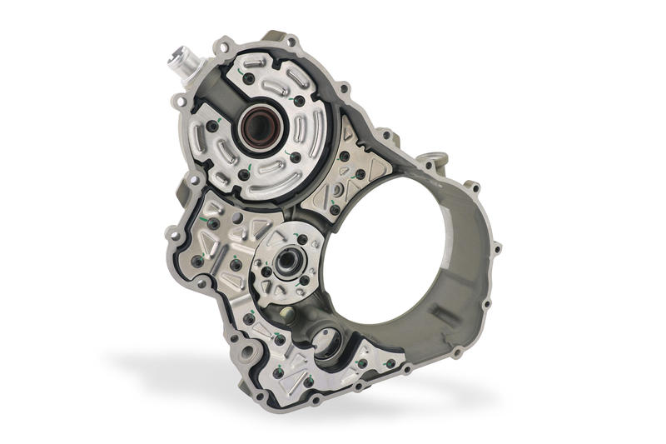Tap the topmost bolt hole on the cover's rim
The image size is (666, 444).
pos(290,40)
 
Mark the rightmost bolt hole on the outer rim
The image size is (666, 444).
pos(497,247)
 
